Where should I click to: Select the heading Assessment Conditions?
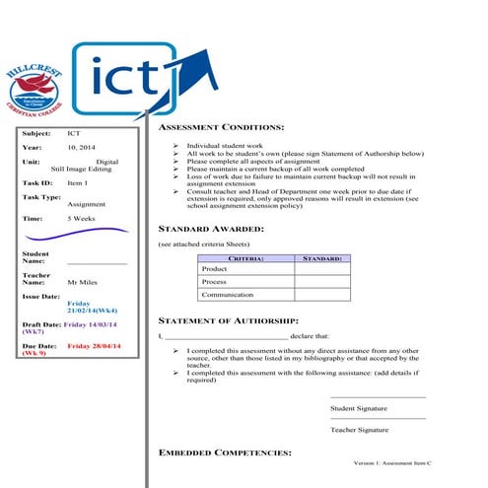click(222, 127)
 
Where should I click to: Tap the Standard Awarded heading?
click(211, 228)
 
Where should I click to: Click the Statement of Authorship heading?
click(229, 321)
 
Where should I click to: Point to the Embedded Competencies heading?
click(225, 453)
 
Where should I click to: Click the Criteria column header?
click(245, 257)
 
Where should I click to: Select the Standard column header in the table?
click(322, 257)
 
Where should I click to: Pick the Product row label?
click(214, 268)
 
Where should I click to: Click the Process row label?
click(214, 281)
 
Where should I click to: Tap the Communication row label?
click(228, 294)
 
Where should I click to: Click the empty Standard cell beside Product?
click(322, 268)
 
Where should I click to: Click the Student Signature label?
click(359, 407)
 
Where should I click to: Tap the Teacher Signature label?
click(359, 430)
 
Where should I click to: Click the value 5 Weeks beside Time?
click(82, 217)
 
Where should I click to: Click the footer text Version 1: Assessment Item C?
click(392, 463)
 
